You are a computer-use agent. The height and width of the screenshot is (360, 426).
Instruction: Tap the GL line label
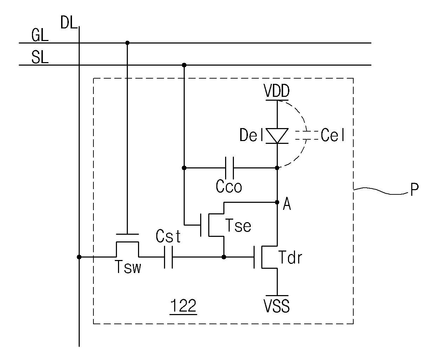40,35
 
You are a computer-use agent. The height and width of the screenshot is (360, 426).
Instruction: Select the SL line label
40,57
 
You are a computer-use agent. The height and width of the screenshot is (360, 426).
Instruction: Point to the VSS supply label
277,306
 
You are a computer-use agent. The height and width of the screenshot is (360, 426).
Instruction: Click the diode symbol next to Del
277,136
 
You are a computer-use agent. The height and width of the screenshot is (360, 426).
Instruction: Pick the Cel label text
333,135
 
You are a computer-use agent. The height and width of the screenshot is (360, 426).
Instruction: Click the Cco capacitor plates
230,168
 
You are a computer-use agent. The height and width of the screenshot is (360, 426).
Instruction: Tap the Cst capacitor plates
168,257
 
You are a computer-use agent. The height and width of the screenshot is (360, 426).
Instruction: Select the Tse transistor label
238,225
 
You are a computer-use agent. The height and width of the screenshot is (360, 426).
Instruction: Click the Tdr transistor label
290,258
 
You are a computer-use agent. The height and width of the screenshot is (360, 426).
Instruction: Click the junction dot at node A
277,202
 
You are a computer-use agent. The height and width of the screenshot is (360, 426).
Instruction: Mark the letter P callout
414,189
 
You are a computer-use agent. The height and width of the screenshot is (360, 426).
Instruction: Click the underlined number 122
183,306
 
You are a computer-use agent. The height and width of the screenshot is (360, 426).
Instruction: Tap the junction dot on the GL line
127,43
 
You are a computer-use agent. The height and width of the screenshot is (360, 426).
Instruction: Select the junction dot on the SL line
184,65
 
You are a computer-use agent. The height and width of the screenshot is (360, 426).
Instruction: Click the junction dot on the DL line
79,257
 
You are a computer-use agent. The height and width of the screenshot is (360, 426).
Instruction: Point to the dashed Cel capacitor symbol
306,135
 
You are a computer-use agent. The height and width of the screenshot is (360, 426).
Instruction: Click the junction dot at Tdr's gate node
224,257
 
